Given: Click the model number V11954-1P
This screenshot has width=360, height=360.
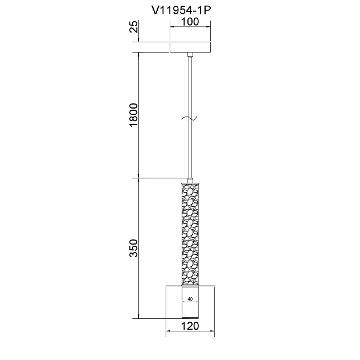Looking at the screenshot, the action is pyautogui.click(x=181, y=10).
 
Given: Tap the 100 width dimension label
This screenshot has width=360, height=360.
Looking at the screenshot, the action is pyautogui.click(x=190, y=22).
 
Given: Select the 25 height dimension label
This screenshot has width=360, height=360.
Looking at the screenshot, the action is pyautogui.click(x=134, y=27).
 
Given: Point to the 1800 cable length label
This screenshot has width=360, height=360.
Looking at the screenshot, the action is pyautogui.click(x=134, y=115).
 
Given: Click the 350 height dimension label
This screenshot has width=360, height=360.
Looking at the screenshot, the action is pyautogui.click(x=134, y=248).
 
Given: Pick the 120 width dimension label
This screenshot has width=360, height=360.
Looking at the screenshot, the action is pyautogui.click(x=190, y=326).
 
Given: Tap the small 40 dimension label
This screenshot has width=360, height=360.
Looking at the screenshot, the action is pyautogui.click(x=190, y=299).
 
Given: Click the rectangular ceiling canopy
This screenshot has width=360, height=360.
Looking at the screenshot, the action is pyautogui.click(x=190, y=47).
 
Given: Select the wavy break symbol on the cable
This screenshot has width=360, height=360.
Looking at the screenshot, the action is pyautogui.click(x=189, y=118).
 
